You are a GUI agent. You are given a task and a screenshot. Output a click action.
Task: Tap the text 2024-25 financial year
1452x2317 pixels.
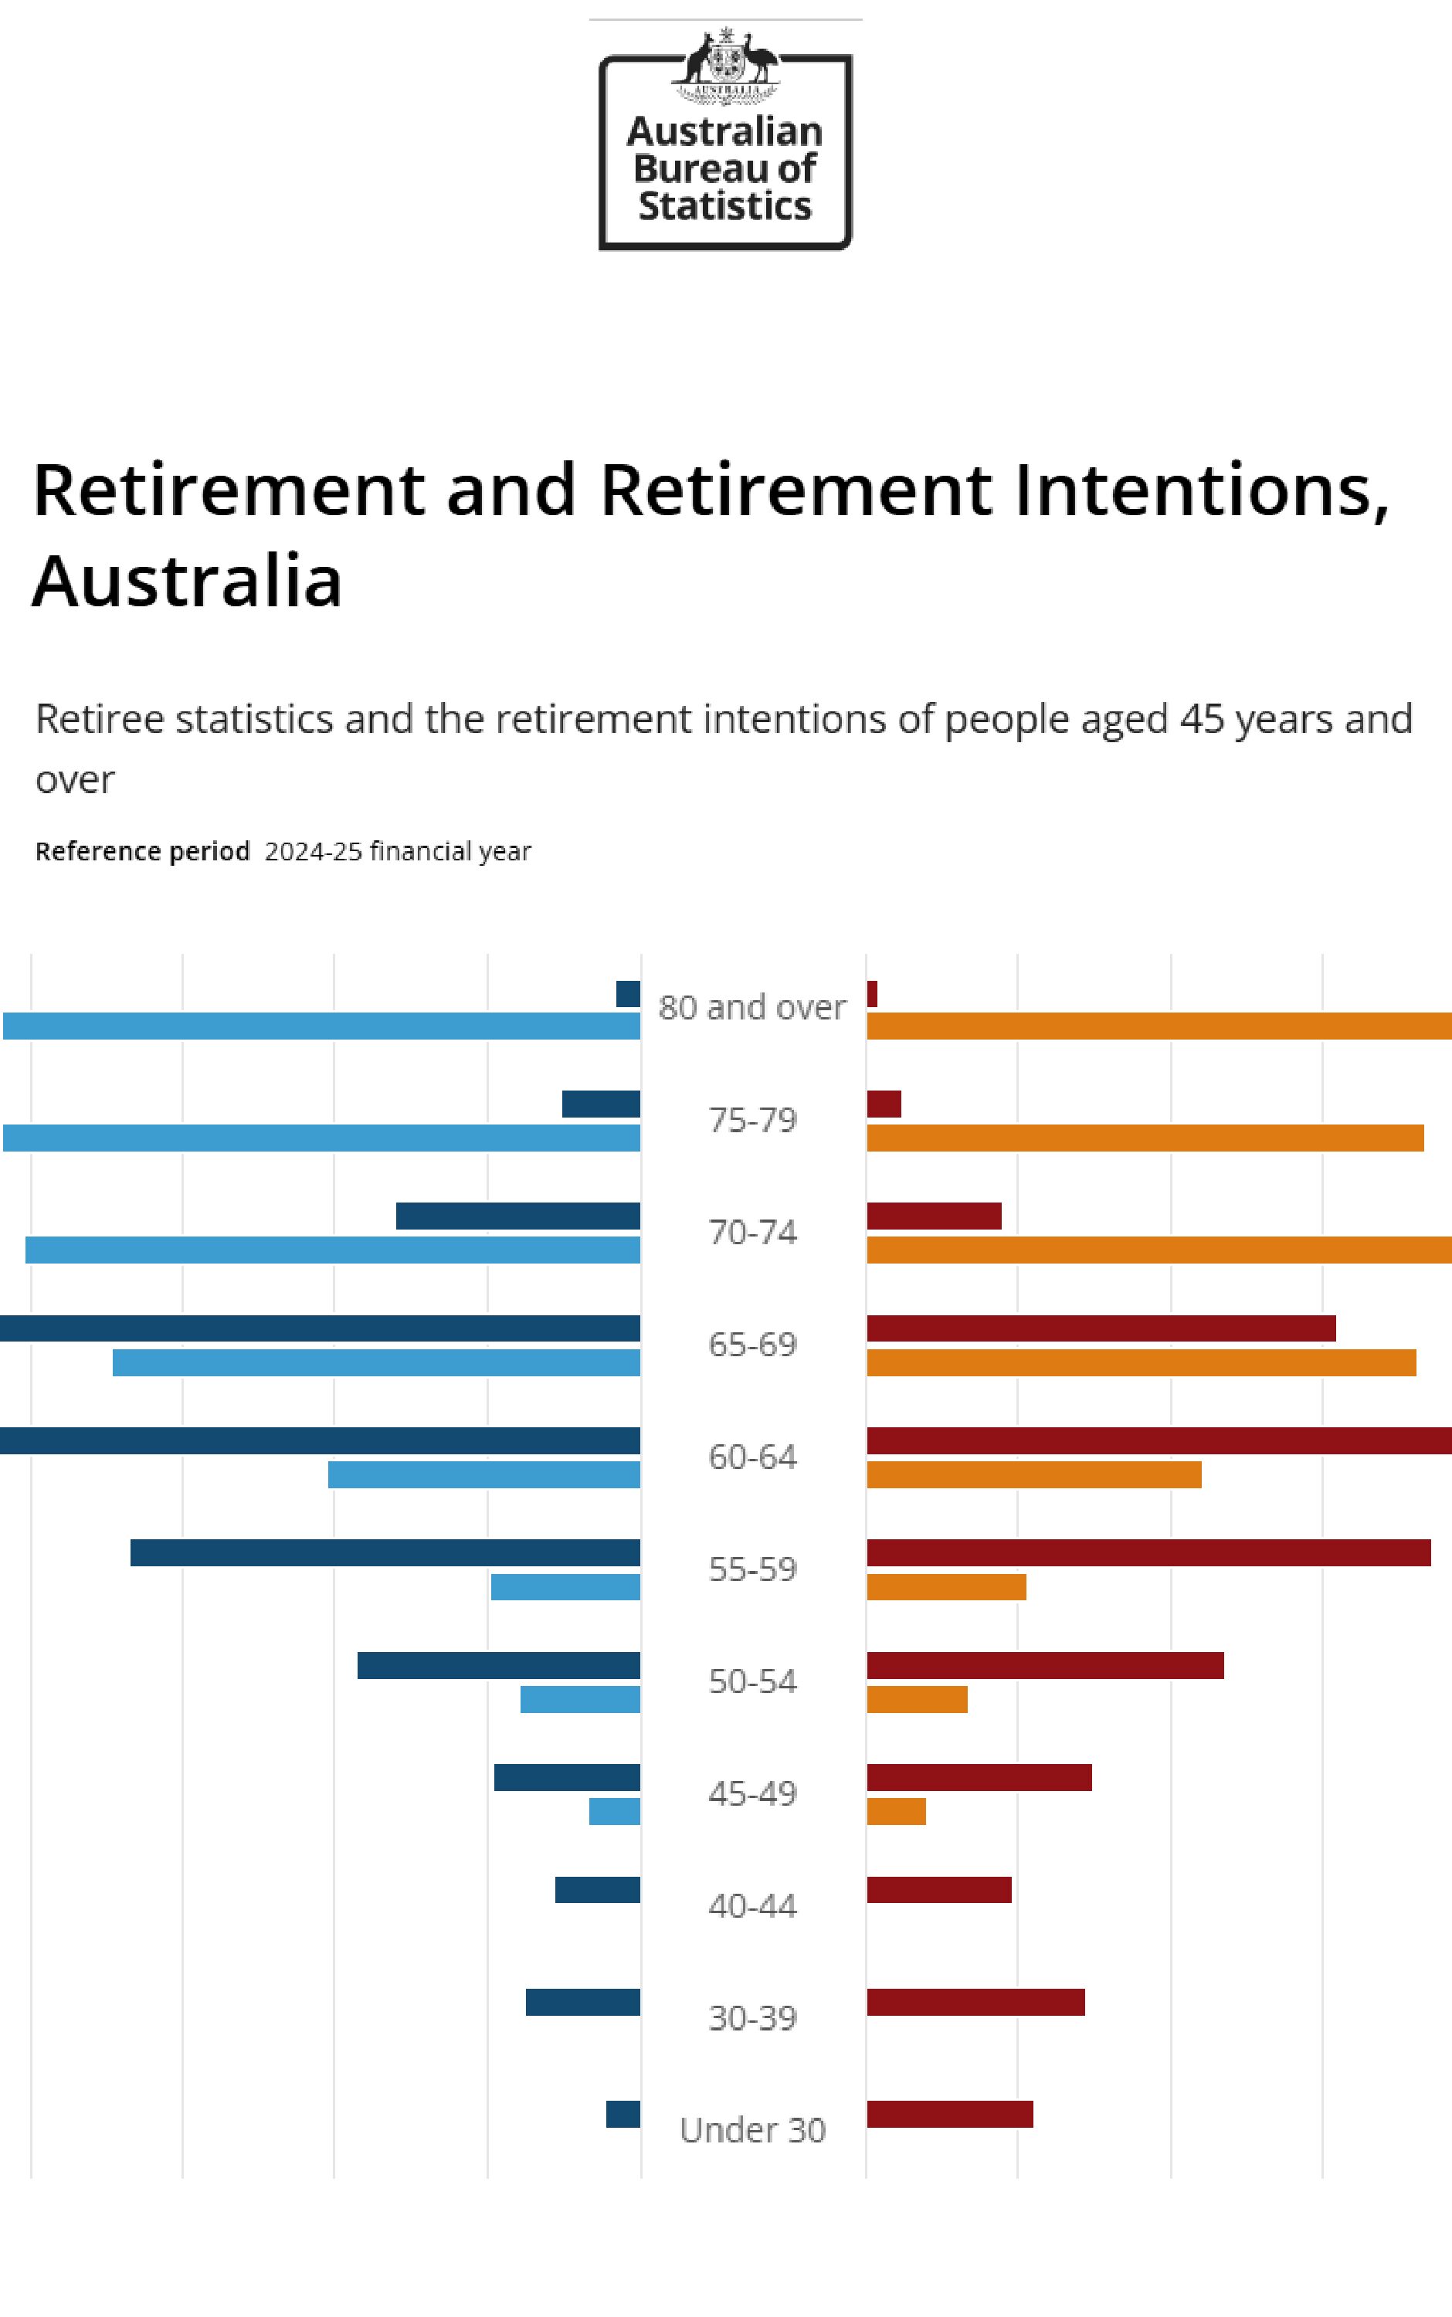pos(398,852)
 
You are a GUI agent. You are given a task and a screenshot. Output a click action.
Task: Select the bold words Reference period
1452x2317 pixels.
pos(142,852)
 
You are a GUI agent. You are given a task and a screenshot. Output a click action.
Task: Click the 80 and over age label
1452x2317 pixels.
pos(752,1007)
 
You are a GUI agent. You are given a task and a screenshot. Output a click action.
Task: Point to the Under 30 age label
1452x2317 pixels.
pos(752,2130)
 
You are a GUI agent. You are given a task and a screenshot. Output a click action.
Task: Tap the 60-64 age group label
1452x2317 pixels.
pos(752,1457)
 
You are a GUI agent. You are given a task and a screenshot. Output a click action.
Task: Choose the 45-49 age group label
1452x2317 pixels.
pos(752,1793)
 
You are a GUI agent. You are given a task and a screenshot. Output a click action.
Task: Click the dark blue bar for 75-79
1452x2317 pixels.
pos(601,1104)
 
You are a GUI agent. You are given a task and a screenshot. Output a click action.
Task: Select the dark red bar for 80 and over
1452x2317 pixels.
pos(872,994)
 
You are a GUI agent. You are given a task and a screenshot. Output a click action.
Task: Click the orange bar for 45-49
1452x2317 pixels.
pos(896,1812)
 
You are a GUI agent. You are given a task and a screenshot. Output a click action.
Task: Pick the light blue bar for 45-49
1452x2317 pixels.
pos(615,1812)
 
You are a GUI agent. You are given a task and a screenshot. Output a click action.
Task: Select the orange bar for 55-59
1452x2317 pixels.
pos(946,1587)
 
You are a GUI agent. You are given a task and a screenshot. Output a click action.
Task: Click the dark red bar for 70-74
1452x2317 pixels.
pos(934,1216)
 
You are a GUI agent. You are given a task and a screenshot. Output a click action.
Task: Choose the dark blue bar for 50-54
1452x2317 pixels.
pos(498,1666)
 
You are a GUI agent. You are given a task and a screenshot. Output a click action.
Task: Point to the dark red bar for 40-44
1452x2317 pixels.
pos(938,1890)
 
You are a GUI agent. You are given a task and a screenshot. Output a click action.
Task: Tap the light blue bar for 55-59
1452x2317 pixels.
pos(565,1587)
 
